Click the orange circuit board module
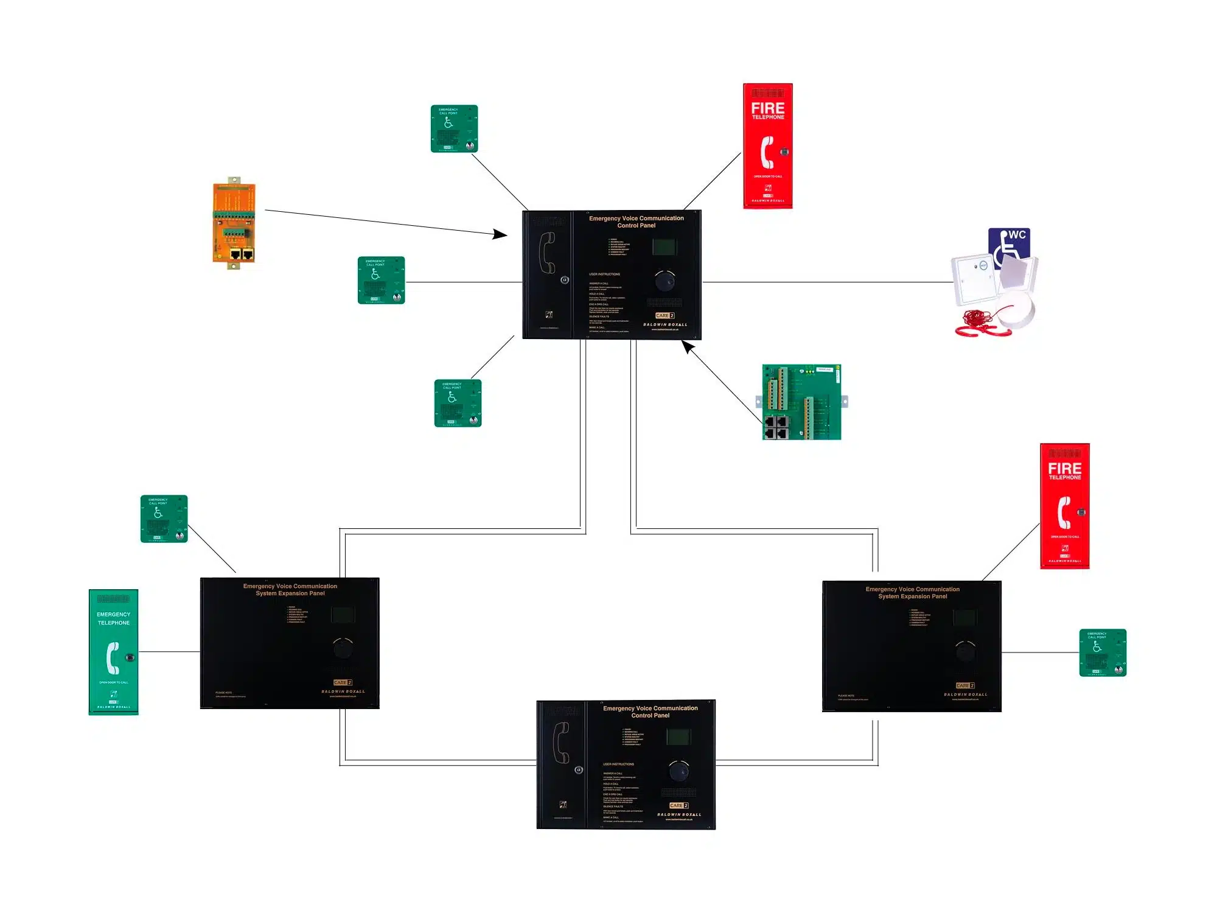click(234, 223)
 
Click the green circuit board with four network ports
click(801, 402)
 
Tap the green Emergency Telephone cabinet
click(114, 652)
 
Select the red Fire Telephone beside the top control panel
click(768, 146)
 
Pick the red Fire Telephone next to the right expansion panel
click(1065, 506)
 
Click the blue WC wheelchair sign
click(1009, 246)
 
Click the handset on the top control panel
click(547, 253)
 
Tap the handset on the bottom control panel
click(561, 743)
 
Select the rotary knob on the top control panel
click(664, 281)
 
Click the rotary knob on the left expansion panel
click(343, 648)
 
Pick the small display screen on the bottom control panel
click(678, 736)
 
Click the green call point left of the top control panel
click(382, 280)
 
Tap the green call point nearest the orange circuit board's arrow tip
click(455, 128)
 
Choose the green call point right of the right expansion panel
click(1103, 652)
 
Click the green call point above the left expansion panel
click(164, 519)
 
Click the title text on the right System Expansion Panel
click(912, 593)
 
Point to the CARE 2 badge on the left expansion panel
click(343, 682)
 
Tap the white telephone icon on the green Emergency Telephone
click(113, 657)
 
